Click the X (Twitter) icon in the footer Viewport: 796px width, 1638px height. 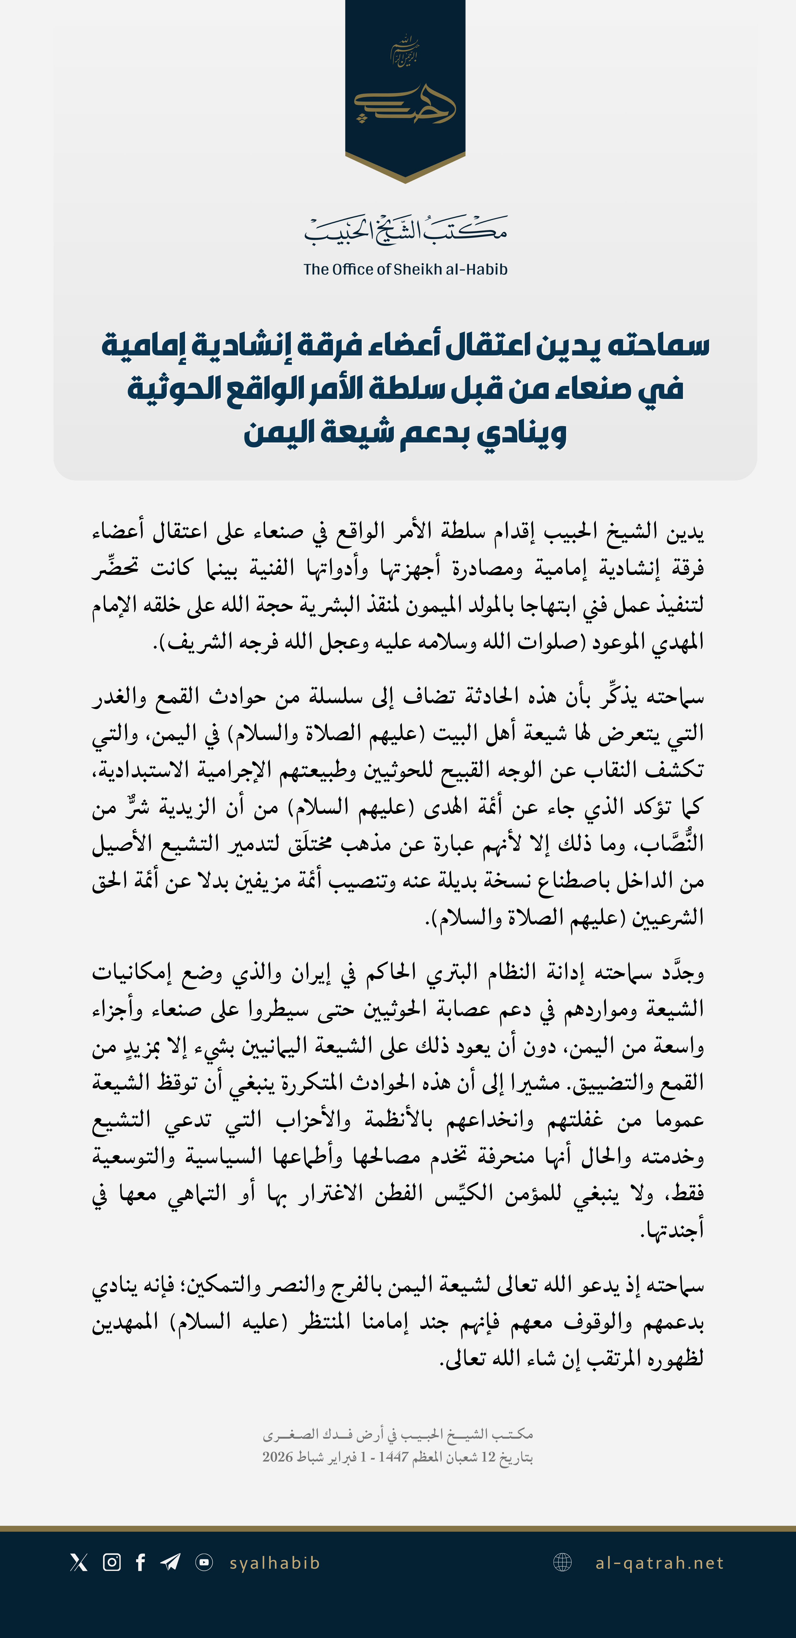pos(79,1562)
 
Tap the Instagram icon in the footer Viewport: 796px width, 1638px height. pos(112,1562)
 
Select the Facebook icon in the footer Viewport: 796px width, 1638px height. pos(141,1562)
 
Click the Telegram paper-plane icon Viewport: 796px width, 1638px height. pos(171,1562)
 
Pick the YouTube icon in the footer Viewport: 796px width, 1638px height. pos(204,1562)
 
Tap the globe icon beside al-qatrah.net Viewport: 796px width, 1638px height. pos(563,1562)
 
